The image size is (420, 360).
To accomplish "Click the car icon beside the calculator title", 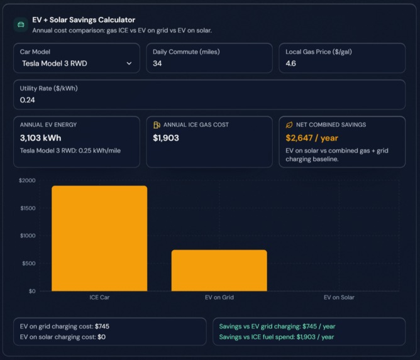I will pyautogui.click(x=21, y=25).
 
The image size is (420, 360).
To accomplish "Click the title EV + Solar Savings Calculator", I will pyautogui.click(x=83, y=20).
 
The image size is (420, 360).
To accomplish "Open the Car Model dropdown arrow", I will pyautogui.click(x=129, y=63).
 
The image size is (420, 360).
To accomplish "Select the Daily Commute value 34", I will pyautogui.click(x=157, y=63).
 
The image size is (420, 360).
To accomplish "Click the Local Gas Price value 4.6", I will pyautogui.click(x=290, y=63).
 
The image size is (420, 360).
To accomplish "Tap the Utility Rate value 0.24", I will pyautogui.click(x=27, y=100).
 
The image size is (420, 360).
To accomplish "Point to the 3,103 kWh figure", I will pyautogui.click(x=40, y=138).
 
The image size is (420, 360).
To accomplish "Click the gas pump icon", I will pyautogui.click(x=157, y=125).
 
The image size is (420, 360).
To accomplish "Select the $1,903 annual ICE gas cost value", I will pyautogui.click(x=166, y=138).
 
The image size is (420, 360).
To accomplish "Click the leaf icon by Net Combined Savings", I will pyautogui.click(x=289, y=125).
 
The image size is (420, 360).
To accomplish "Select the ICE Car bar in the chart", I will pyautogui.click(x=99, y=238).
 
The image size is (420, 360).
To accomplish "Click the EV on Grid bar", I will pyautogui.click(x=219, y=270).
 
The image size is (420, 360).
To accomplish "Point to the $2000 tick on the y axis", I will pyautogui.click(x=27, y=181).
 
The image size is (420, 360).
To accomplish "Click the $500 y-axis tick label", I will pyautogui.click(x=28, y=263).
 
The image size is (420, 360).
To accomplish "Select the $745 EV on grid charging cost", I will pyautogui.click(x=102, y=327).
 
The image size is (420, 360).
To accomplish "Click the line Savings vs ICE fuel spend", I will pyautogui.click(x=277, y=337).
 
